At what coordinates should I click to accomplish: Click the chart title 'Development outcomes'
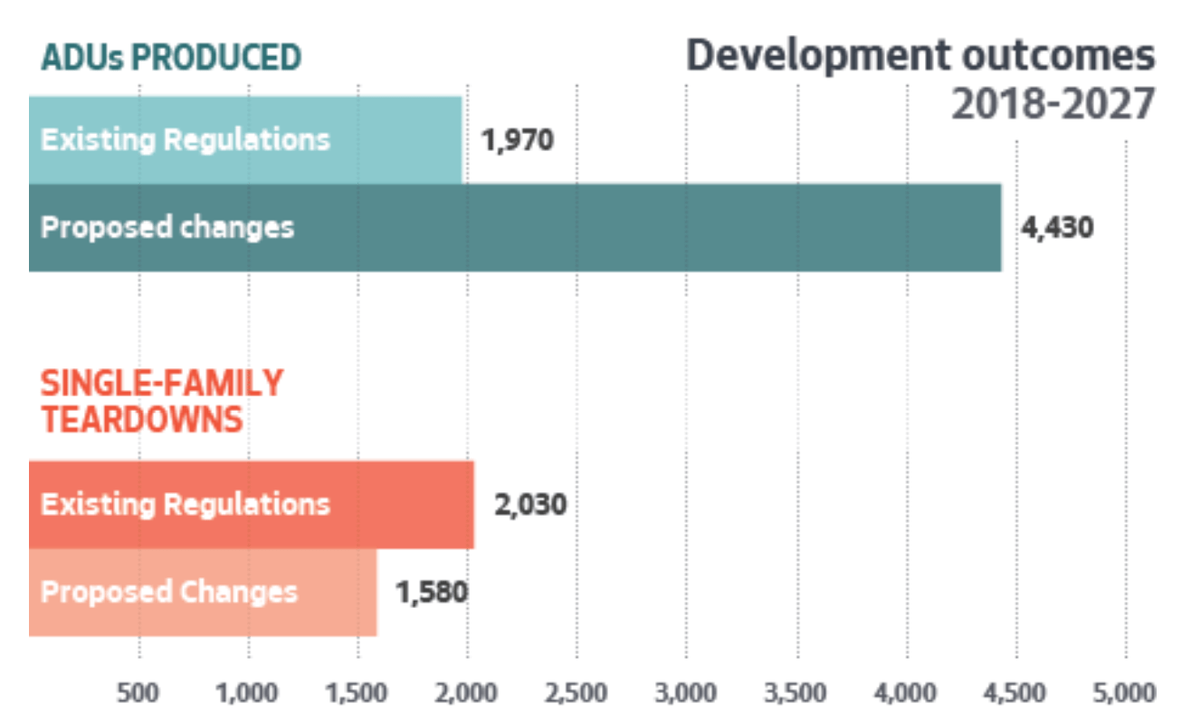(920, 56)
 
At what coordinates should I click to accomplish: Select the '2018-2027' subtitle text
(1053, 106)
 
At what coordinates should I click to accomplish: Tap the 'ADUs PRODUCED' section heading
(171, 57)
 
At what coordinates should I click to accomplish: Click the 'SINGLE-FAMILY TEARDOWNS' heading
(161, 401)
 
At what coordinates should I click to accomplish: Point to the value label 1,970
(517, 141)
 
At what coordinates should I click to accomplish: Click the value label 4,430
(1057, 227)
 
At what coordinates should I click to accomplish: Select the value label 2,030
(530, 504)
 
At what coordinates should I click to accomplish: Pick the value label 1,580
(431, 593)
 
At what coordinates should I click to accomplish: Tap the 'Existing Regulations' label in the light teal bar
(186, 141)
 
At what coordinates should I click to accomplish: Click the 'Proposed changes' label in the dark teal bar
(167, 227)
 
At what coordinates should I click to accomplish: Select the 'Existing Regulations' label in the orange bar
(186, 504)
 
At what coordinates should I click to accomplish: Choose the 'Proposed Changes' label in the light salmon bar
(169, 593)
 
